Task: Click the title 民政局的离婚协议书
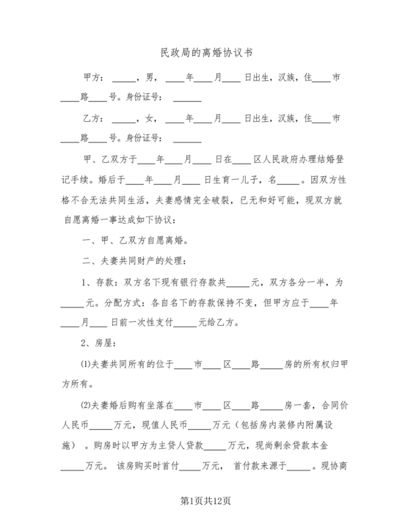click(205, 54)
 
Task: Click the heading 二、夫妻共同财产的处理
click(139, 260)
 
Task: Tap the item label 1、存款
click(96, 281)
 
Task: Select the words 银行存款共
click(208, 281)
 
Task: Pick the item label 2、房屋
click(96, 342)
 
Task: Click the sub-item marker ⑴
click(84, 363)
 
